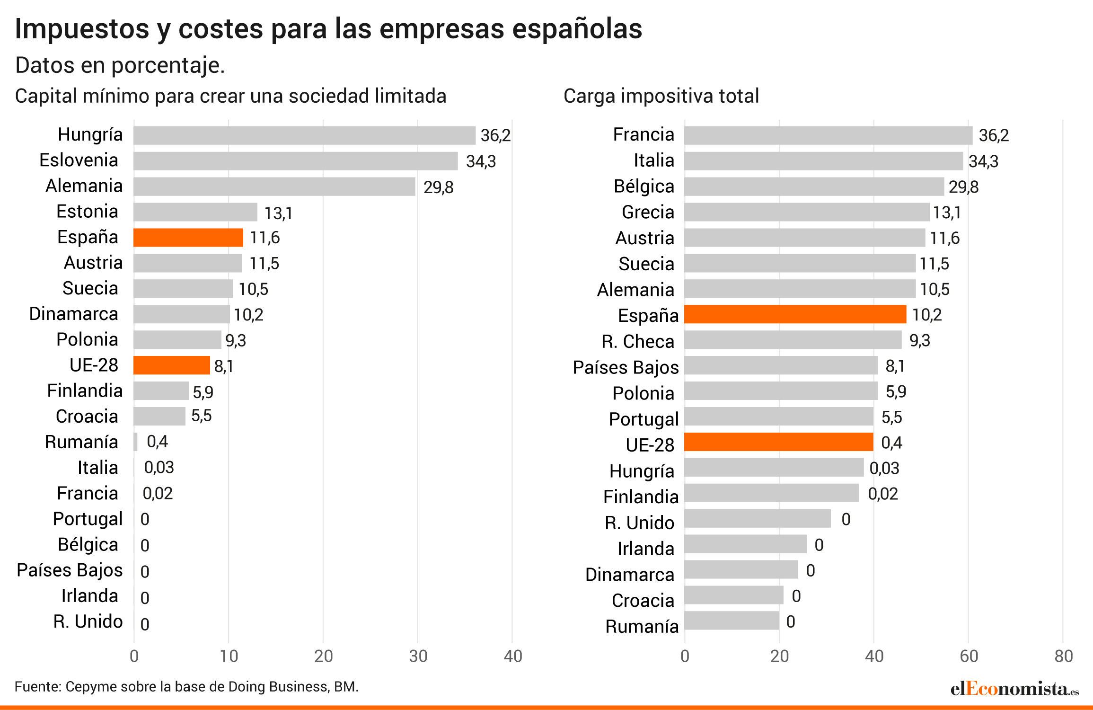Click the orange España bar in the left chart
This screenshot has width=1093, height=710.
tap(188, 238)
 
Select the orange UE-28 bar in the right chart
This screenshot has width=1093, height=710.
tap(778, 442)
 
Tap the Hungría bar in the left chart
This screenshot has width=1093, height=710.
tap(304, 135)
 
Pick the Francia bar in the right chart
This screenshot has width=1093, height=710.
tap(828, 135)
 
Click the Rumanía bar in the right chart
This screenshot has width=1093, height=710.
tap(732, 621)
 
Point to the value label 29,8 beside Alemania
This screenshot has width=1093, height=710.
tap(438, 187)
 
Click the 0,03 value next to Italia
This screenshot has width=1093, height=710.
tap(159, 468)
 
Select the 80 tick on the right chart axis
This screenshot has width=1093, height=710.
tap(1064, 656)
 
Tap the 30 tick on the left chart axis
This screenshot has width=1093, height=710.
tap(418, 656)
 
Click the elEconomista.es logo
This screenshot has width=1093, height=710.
tap(1014, 689)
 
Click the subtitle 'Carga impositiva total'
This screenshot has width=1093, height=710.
tap(661, 96)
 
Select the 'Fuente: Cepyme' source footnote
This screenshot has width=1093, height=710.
tap(186, 687)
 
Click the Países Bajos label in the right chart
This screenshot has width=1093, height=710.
tap(626, 368)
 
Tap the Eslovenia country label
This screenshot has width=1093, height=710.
tap(79, 160)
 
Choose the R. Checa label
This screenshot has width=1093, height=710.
tap(638, 342)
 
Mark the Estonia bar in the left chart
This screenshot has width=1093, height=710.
tap(195, 212)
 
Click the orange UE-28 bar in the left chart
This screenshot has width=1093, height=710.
tap(172, 365)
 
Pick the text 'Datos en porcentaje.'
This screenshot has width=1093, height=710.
tap(120, 65)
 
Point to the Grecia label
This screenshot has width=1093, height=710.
tap(648, 212)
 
